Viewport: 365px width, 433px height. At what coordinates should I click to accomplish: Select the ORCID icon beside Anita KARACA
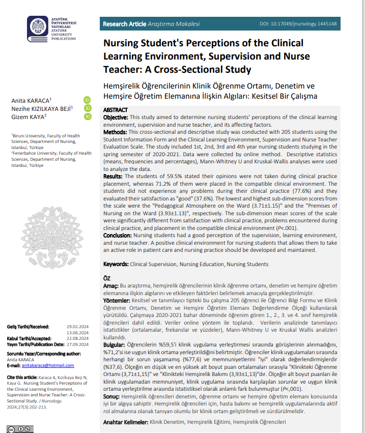coord(88,100)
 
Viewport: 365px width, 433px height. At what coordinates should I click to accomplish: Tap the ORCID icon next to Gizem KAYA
coord(88,117)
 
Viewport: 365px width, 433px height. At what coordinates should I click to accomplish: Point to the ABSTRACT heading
coord(116,110)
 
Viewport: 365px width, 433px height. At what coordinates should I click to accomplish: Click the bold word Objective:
coord(116,117)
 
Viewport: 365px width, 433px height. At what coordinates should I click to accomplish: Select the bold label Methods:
coord(115,132)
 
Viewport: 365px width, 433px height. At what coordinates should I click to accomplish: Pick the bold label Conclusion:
coord(118,235)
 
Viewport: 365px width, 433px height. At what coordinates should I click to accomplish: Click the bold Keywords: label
coord(116,264)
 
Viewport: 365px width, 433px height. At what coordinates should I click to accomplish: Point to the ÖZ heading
coord(107,278)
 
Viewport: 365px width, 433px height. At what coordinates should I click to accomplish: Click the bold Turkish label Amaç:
coord(110,286)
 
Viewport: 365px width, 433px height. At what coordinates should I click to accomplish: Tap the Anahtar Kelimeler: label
coord(125,422)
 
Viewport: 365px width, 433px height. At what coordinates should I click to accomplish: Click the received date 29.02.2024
coord(77,326)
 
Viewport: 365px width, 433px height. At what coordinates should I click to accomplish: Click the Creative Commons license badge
coord(19,428)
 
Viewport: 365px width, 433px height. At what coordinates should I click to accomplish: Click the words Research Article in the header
coord(124,24)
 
